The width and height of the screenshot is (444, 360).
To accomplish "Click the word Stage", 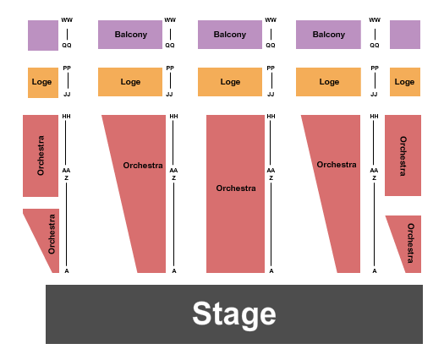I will point(233,314).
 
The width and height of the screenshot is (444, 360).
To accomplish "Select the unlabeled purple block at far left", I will point(42,35).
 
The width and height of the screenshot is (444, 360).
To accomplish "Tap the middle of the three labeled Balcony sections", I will point(229,35).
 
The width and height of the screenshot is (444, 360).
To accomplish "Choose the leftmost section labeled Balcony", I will point(130,35).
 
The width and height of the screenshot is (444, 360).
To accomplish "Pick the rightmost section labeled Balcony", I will point(328,35).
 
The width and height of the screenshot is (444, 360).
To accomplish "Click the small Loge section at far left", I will point(42,82).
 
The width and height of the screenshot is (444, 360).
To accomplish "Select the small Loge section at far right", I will point(404,82).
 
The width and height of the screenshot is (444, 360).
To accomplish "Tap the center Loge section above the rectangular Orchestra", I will point(229,82).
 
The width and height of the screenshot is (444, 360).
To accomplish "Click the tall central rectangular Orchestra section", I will point(235,188).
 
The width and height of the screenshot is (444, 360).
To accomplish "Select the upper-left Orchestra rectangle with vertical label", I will point(41,155).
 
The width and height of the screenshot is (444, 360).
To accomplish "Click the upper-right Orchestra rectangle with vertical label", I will point(403,155).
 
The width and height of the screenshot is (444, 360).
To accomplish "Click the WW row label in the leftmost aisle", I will point(67,20).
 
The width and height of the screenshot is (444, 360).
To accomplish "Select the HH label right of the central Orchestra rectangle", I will point(271,117).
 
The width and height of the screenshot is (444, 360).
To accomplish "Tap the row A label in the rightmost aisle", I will point(375,270).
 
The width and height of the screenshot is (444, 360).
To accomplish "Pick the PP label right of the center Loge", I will point(271,68).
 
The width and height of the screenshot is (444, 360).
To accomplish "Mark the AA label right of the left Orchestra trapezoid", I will point(174,170).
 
